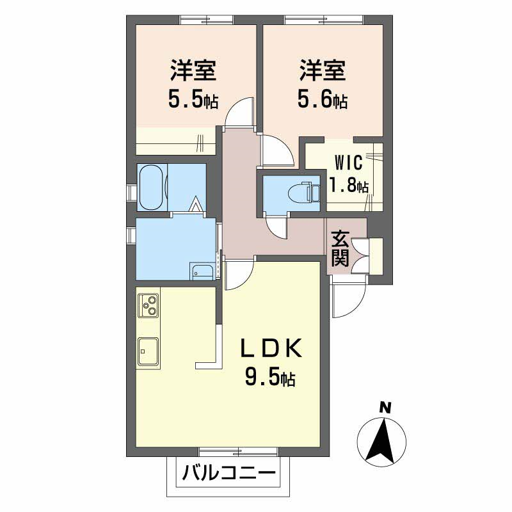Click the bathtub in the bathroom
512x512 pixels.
[x=151, y=187]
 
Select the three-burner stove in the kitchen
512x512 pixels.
[x=148, y=305]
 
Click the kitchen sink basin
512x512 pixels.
[x=148, y=351]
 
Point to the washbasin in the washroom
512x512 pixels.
[x=202, y=271]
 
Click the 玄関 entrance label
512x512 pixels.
[x=340, y=248]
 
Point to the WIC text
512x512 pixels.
[x=348, y=163]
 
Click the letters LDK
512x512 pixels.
[x=271, y=348]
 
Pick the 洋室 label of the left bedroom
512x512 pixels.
[x=193, y=70]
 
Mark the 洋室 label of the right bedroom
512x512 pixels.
[x=323, y=70]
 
